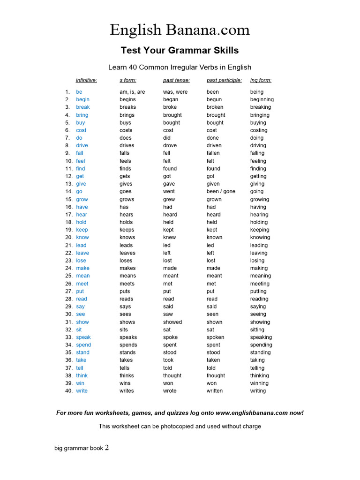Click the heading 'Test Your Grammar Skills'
(x=180, y=50)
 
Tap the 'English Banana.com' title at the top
(x=180, y=30)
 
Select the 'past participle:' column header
(x=224, y=80)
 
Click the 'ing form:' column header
(x=261, y=80)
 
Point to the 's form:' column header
(x=127, y=80)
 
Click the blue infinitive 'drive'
(x=82, y=145)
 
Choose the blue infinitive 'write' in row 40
(x=82, y=390)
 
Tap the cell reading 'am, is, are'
(x=132, y=92)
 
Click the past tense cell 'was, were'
(x=175, y=92)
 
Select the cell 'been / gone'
(x=221, y=191)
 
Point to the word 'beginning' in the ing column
(x=262, y=99)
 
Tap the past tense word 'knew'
(x=170, y=237)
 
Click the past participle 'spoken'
(x=215, y=337)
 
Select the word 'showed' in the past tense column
(x=172, y=322)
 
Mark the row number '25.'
(x=69, y=276)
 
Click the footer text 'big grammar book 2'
(x=82, y=448)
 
